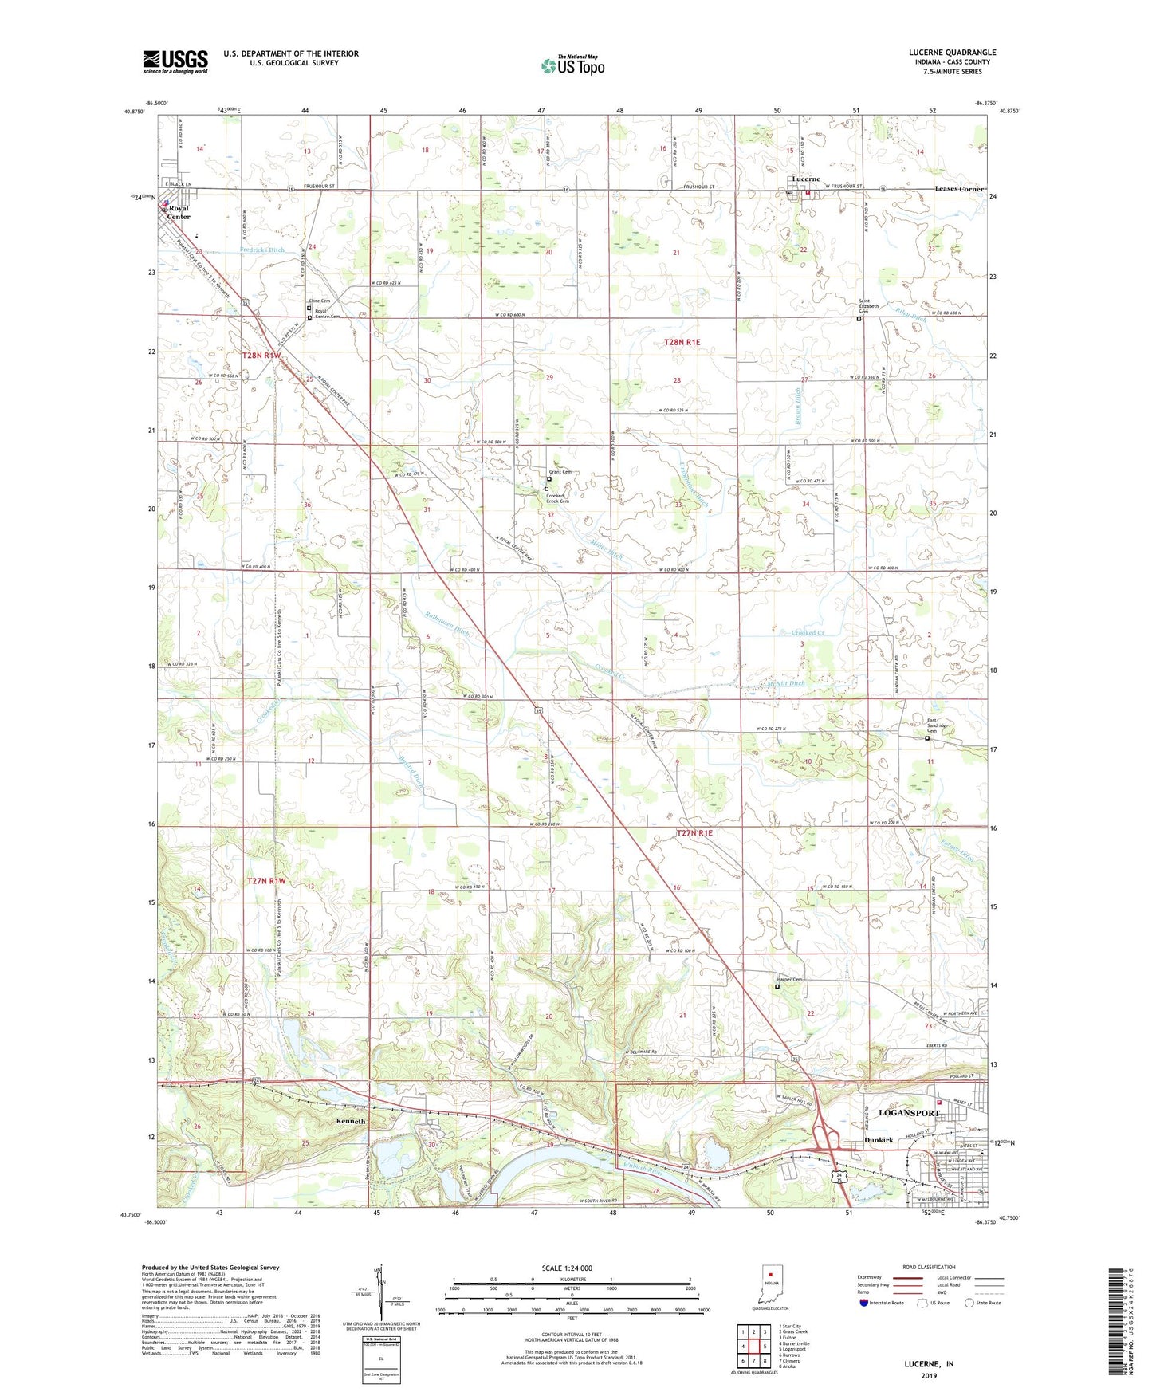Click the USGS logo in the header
(175, 61)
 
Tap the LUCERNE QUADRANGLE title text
(952, 53)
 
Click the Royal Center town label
(178, 212)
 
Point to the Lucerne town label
(805, 179)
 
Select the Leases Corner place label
(959, 189)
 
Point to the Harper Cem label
(789, 980)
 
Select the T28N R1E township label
(682, 342)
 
